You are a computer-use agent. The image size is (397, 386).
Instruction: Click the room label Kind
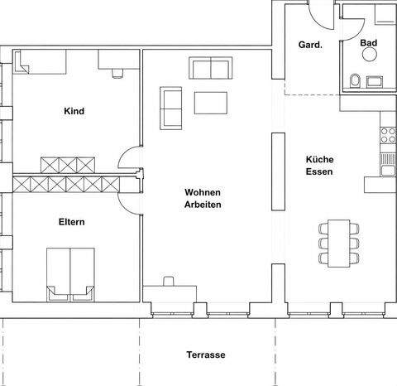click(74, 111)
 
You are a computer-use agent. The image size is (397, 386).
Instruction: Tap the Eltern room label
click(73, 222)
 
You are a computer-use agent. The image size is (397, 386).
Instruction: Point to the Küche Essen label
click(318, 166)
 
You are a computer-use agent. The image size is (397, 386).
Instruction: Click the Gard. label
click(300, 45)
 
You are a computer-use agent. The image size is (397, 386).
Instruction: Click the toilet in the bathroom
click(353, 80)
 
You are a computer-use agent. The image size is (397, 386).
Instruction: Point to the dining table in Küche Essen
click(337, 243)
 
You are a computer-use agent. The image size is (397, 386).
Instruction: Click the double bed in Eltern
click(70, 272)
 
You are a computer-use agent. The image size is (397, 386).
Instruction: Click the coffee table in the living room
click(210, 102)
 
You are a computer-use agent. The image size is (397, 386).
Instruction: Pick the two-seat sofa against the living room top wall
click(210, 68)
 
